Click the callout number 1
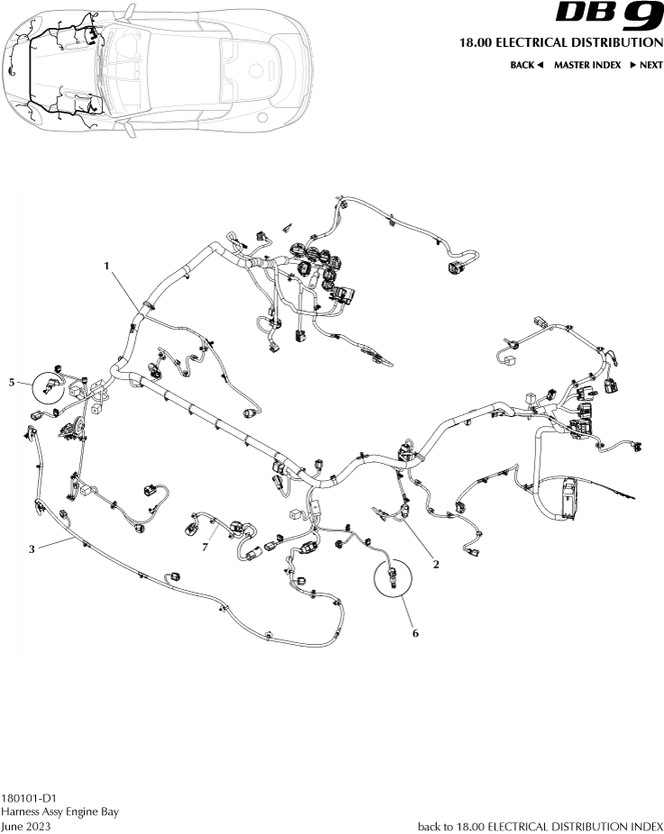point(106,266)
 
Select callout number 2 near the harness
point(436,565)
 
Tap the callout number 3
point(32,548)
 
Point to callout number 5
point(13,383)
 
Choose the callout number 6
point(415,633)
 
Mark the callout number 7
point(205,546)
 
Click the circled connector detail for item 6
point(392,577)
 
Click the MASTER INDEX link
point(587,65)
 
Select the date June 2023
point(26,826)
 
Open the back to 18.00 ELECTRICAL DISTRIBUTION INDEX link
point(541,826)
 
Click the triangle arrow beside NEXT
point(633,65)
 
